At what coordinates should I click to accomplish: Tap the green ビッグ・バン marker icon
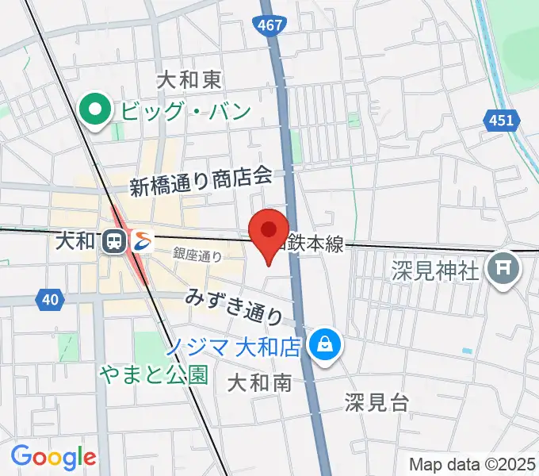pyautogui.click(x=97, y=109)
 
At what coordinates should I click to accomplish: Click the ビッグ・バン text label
pyautogui.click(x=185, y=110)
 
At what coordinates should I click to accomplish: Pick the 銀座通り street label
pyautogui.click(x=197, y=255)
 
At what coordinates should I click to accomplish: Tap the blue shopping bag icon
pyautogui.click(x=324, y=344)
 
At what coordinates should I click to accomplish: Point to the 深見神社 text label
pyautogui.click(x=436, y=271)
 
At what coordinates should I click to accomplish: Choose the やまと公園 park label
pyautogui.click(x=154, y=374)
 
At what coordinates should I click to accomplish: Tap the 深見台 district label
pyautogui.click(x=377, y=402)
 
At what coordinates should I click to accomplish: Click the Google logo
pyautogui.click(x=53, y=456)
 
